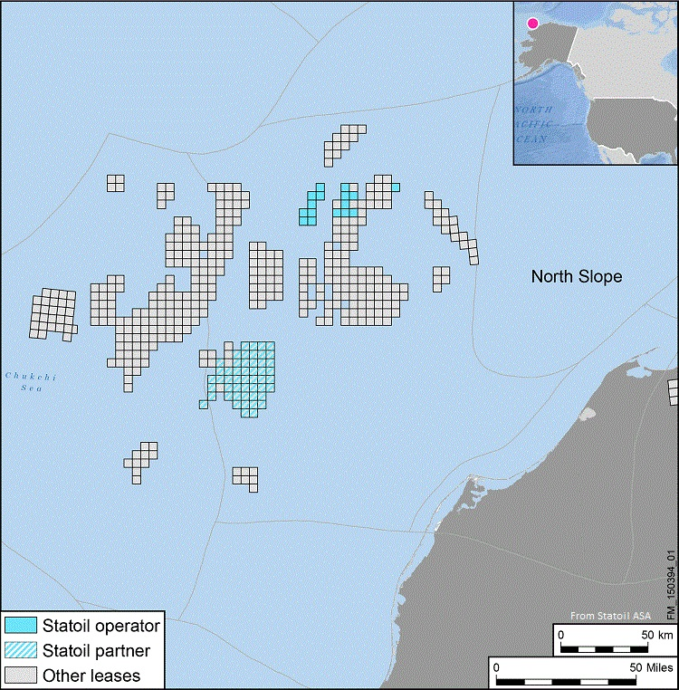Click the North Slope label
[x=576, y=276]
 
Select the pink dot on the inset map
[x=532, y=24]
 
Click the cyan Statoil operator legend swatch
[x=20, y=626]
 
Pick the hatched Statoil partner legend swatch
[x=20, y=650]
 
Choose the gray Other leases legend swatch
[x=20, y=675]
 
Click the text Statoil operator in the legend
[x=100, y=626]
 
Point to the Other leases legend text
[x=91, y=675]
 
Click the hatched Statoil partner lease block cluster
[x=244, y=377]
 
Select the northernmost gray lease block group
[x=346, y=141]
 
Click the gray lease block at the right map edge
[x=674, y=392]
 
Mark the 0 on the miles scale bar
[x=496, y=666]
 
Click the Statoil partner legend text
[x=97, y=650]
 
